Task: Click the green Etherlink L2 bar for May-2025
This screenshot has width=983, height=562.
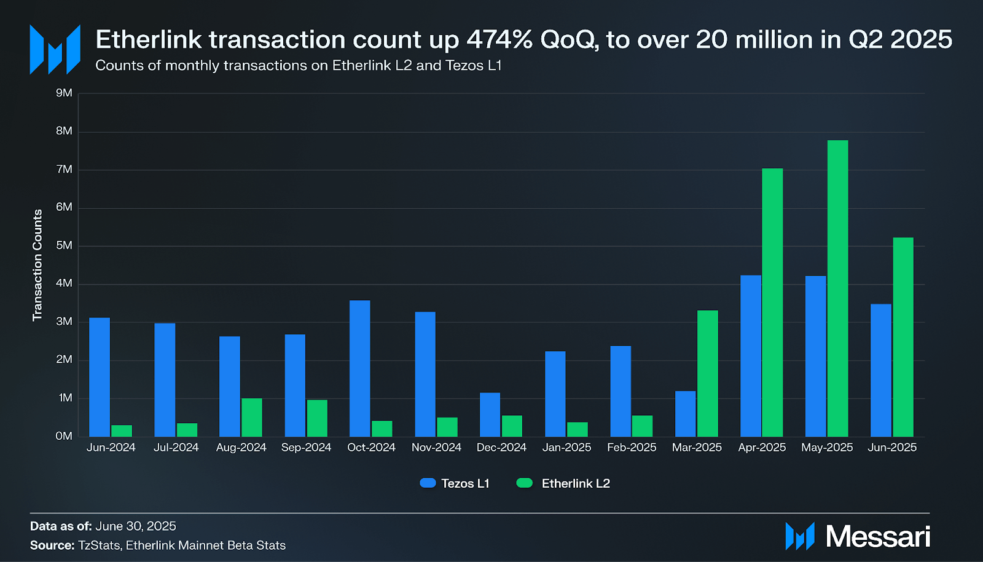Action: click(x=837, y=289)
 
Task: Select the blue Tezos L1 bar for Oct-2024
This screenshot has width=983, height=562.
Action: click(x=360, y=369)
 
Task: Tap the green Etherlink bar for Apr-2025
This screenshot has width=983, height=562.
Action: click(x=772, y=302)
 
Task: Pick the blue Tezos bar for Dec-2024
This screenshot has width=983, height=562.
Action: click(x=490, y=415)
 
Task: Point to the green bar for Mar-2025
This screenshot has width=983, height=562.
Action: click(x=707, y=373)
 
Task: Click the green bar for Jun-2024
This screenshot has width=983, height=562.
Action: click(x=122, y=431)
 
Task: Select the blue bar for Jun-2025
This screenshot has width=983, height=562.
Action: click(x=881, y=370)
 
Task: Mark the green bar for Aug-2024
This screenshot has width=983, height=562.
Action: click(x=251, y=417)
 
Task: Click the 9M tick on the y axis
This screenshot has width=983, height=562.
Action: click(x=64, y=93)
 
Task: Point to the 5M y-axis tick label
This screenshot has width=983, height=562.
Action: click(x=64, y=246)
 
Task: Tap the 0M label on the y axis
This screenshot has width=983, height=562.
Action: click(x=64, y=436)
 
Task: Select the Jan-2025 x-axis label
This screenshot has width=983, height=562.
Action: click(x=566, y=448)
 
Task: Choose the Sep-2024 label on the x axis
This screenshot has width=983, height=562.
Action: click(x=306, y=448)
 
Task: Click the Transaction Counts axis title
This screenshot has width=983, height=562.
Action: click(x=37, y=265)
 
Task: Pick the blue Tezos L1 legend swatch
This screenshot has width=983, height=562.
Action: click(x=428, y=483)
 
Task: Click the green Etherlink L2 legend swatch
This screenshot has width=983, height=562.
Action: click(x=525, y=483)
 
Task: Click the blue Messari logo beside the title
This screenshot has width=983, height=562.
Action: click(x=55, y=49)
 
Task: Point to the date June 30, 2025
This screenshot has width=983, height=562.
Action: click(x=136, y=526)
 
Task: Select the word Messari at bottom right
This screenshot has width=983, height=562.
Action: click(x=878, y=537)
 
